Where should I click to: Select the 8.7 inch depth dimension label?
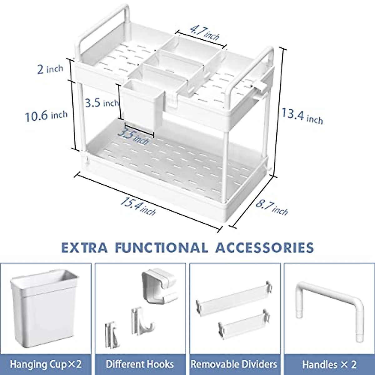tap(272, 207)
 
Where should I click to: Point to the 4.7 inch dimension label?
tap(204, 33)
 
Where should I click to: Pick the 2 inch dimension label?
tap(50, 69)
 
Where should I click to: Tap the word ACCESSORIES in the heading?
tap(264, 247)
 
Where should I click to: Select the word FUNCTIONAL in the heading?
tap(161, 247)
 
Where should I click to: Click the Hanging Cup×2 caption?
tap(46, 364)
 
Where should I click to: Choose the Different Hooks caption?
tap(140, 364)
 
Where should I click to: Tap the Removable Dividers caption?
tap(234, 364)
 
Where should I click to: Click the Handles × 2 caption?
tap(329, 364)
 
